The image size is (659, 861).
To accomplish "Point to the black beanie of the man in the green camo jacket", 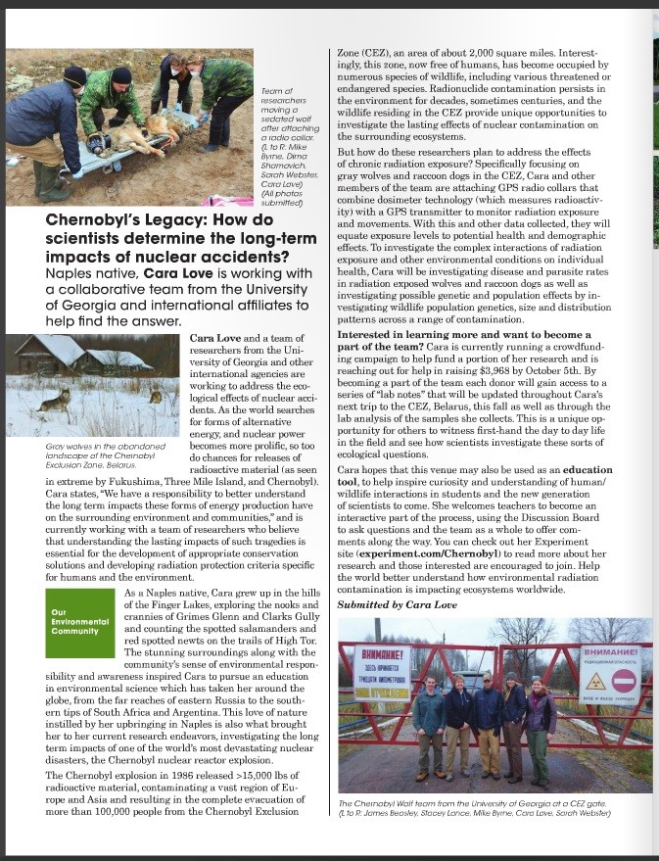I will (x=121, y=74).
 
